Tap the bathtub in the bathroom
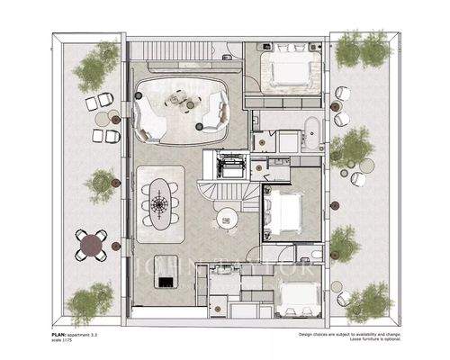310,133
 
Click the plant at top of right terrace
352,51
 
